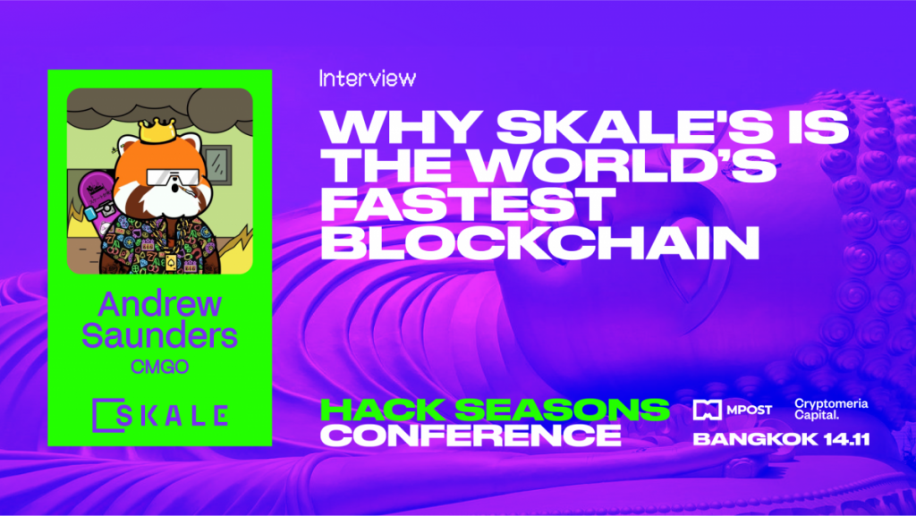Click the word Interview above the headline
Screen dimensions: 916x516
[368, 78]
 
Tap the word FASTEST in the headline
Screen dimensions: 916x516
[468, 204]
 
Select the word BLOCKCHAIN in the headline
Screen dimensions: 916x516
[540, 242]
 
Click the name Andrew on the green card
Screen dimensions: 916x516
[159, 304]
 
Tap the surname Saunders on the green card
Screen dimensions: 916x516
[159, 335]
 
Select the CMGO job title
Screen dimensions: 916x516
[159, 367]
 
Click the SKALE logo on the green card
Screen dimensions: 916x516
[160, 415]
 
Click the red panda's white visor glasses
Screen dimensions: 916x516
[173, 177]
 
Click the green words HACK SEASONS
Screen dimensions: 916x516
[495, 410]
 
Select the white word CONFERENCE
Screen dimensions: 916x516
[471, 436]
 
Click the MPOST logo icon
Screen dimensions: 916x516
[707, 410]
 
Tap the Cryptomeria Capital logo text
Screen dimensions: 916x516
[831, 410]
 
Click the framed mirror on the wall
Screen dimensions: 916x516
[217, 165]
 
